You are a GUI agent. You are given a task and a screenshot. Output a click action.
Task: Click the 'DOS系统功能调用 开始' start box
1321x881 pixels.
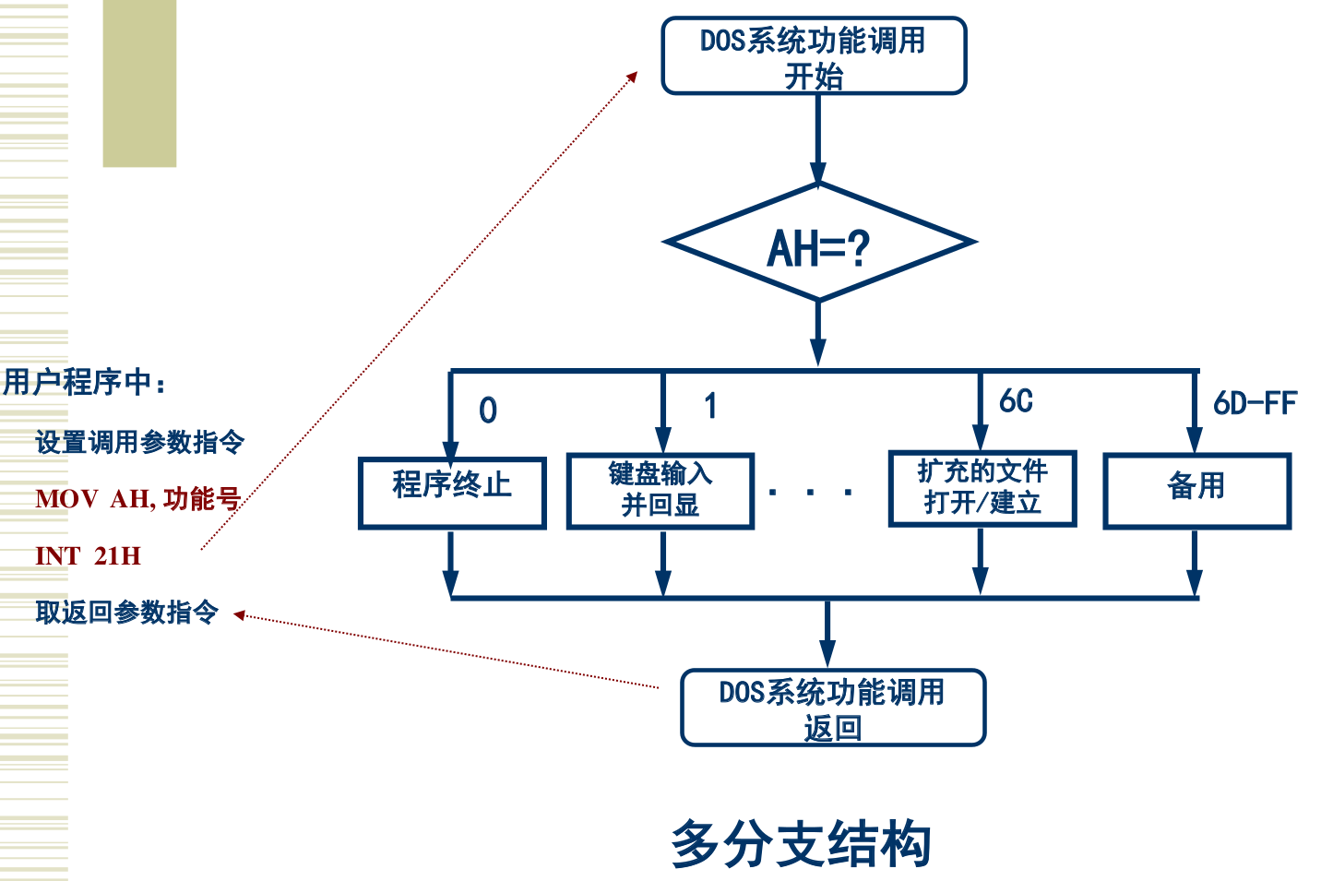point(814,56)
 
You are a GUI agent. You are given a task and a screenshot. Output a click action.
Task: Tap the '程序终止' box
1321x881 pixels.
point(452,493)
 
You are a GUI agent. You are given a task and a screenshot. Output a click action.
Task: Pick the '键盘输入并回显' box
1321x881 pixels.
point(660,491)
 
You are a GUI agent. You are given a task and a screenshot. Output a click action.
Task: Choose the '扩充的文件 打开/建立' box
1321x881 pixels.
point(982,489)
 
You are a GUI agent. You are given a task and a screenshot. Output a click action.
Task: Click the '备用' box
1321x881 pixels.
point(1196,491)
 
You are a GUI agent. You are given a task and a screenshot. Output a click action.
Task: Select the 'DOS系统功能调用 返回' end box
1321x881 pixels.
point(833,708)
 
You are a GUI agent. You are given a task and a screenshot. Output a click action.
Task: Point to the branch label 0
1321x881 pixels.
point(488,411)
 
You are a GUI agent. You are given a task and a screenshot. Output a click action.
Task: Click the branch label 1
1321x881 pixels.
point(709,406)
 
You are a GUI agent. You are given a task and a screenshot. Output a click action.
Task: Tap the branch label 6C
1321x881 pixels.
point(1016,401)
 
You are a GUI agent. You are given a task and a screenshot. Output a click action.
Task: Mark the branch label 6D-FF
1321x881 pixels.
point(1255,403)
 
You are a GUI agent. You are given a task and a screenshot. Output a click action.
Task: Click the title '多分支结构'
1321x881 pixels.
point(801,844)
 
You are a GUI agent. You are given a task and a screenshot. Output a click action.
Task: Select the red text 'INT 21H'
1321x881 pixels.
point(89,556)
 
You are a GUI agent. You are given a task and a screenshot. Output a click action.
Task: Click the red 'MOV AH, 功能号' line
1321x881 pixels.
point(138,499)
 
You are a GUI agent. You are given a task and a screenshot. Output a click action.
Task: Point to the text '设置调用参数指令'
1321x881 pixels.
point(140,442)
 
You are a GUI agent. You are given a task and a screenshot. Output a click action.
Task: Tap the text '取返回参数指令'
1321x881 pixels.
point(127,612)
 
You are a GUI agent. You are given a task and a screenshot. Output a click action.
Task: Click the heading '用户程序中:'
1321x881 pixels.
point(85,382)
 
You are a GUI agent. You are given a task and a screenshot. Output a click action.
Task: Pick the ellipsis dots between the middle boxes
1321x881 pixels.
point(811,493)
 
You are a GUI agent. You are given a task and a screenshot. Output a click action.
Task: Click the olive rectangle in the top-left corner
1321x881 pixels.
point(139,83)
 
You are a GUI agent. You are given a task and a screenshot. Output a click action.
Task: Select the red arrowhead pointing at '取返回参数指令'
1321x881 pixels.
point(239,614)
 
